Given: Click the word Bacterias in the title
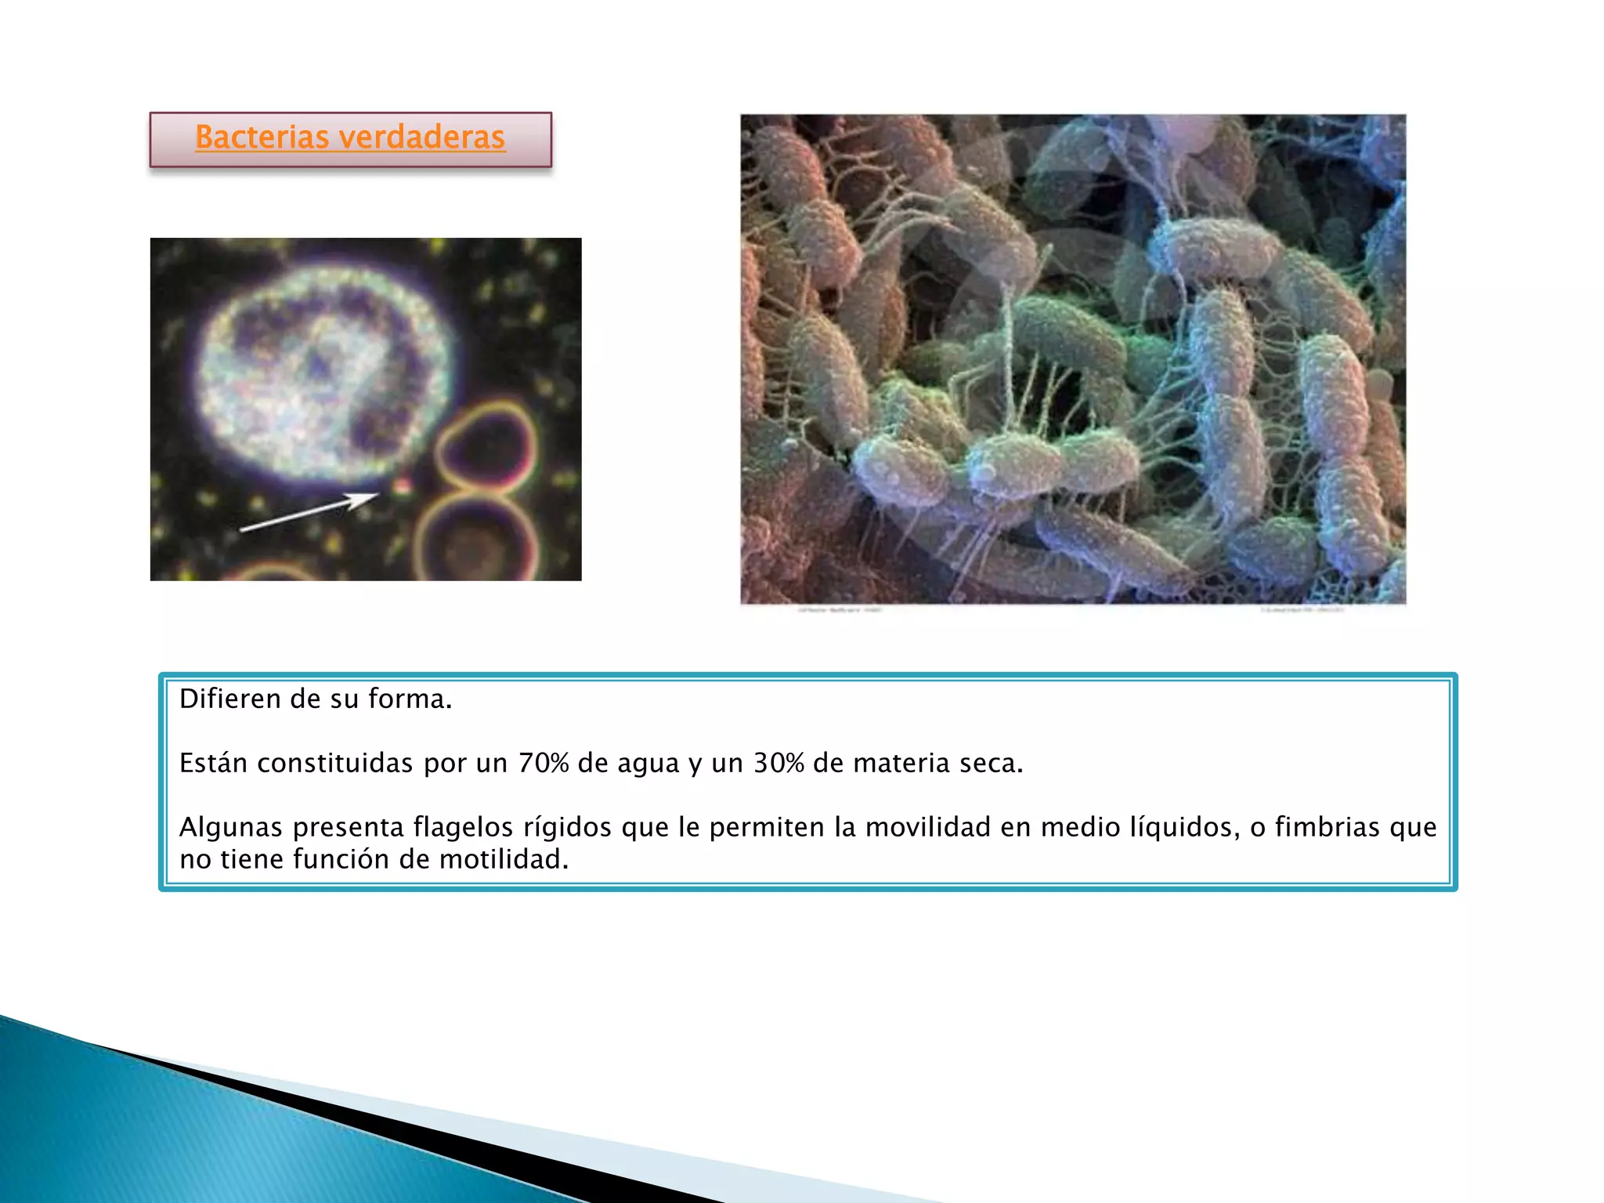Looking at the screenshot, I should coord(262,137).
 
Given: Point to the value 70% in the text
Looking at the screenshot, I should coord(544,763).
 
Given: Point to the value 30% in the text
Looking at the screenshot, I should coord(779,763).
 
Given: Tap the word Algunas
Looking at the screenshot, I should coord(230,827).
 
